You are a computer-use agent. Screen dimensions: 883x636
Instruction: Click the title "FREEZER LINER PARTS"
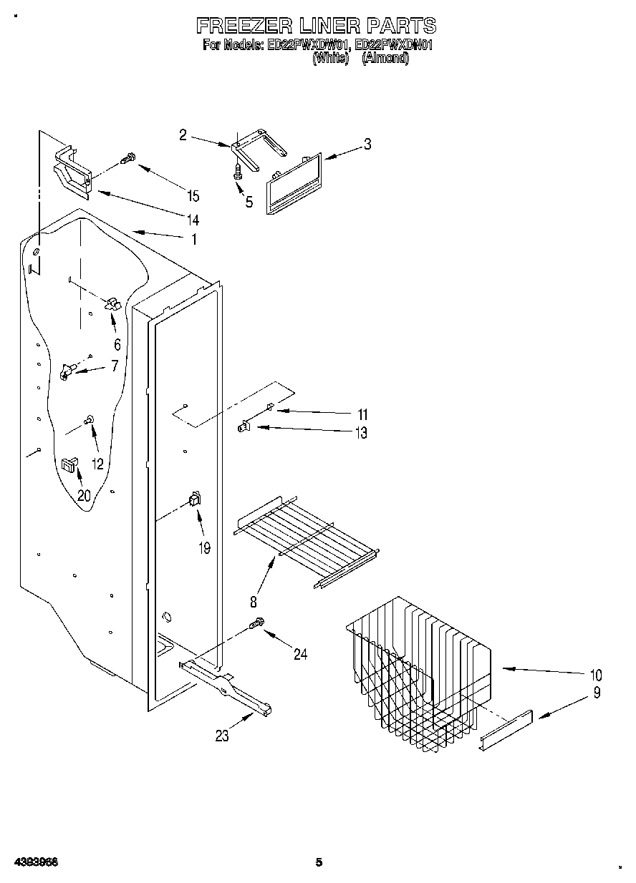[316, 26]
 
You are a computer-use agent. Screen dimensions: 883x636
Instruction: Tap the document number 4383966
[35, 862]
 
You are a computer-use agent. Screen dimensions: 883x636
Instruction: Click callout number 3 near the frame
[367, 144]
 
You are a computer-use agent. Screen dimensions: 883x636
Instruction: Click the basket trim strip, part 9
[507, 731]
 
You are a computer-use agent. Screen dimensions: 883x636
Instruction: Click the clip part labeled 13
[243, 427]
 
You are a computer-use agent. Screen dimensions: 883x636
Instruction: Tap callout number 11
[362, 414]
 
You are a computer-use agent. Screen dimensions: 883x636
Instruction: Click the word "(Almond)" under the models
[385, 59]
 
